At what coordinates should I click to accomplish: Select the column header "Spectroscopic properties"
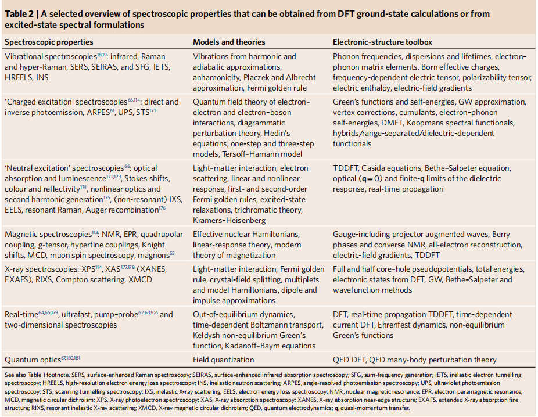48,42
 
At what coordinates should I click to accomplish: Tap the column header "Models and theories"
229,42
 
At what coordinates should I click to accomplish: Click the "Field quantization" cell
224,360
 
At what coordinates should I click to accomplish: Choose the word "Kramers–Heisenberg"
230,221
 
